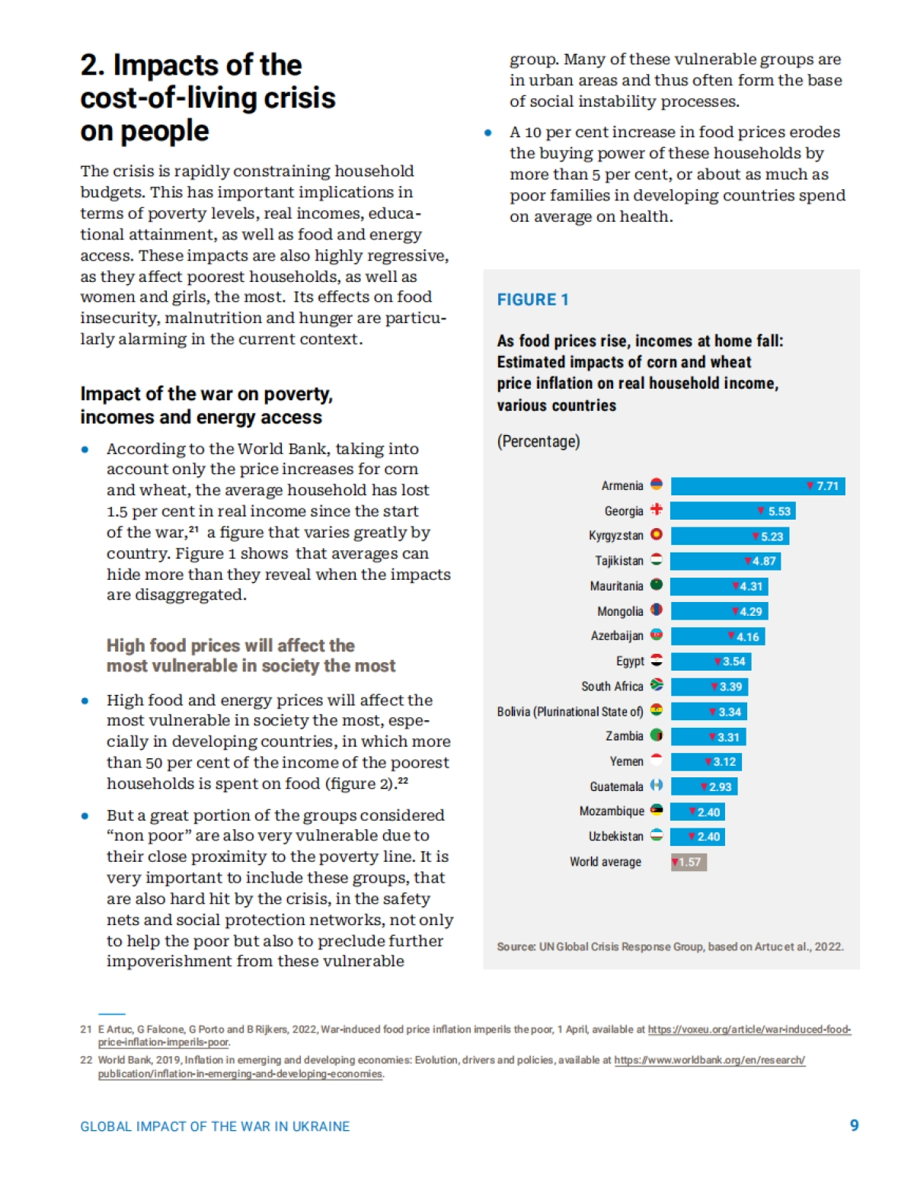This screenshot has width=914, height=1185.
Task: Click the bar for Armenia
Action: [x=757, y=486]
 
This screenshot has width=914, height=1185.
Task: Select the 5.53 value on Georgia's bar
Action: [x=779, y=511]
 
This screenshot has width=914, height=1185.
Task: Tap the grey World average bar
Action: [x=689, y=862]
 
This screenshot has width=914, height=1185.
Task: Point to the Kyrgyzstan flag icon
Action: [x=656, y=535]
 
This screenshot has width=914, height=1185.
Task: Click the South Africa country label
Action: [x=612, y=687]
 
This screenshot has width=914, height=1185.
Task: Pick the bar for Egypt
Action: [x=711, y=661]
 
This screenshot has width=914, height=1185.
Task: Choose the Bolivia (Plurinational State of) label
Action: [x=570, y=712]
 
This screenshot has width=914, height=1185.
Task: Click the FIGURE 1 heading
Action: [x=532, y=299]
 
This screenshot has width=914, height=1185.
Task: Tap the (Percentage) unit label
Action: [x=538, y=441]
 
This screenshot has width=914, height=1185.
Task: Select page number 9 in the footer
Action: [x=854, y=1126]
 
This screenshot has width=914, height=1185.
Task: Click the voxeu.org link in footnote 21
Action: [x=749, y=1030]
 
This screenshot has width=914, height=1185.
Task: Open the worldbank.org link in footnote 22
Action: [x=709, y=1060]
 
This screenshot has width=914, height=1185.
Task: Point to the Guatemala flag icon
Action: [x=656, y=786]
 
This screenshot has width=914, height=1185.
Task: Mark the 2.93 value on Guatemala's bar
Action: [x=720, y=787]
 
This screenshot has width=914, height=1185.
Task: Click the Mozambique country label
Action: [x=611, y=812]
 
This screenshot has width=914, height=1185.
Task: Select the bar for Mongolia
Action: [x=719, y=611]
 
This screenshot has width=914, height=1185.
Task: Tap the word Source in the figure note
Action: [x=515, y=946]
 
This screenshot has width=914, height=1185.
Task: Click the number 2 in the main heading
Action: [x=90, y=66]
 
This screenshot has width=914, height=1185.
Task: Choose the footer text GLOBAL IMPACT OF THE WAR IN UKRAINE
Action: [x=215, y=1126]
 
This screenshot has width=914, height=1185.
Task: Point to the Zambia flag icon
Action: [x=656, y=735]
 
